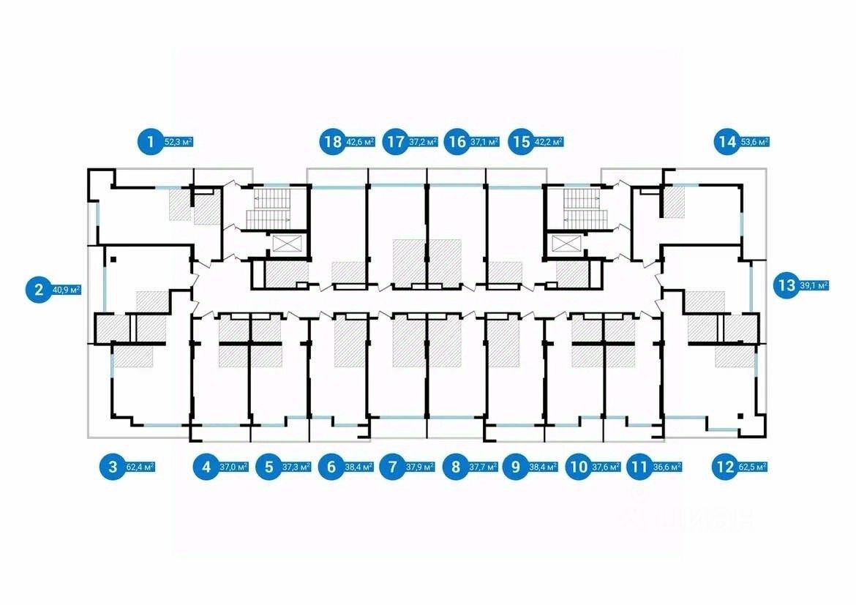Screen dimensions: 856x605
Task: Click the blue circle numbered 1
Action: pos(151,141)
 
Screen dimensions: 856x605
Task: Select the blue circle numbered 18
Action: pos(331,141)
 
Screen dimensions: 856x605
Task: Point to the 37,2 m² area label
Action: pos(424,142)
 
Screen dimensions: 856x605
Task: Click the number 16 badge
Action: pos(458,141)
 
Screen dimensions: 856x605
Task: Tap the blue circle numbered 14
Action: pos(727,141)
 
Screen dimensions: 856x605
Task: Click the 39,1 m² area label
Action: pos(814,286)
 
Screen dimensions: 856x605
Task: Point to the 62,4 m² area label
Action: pos(140,466)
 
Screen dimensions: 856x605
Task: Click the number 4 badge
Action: pos(206,466)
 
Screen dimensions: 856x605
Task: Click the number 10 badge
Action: pos(579,466)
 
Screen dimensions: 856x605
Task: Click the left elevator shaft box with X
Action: pos(285,244)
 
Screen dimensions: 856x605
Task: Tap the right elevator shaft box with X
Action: pos(564,244)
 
